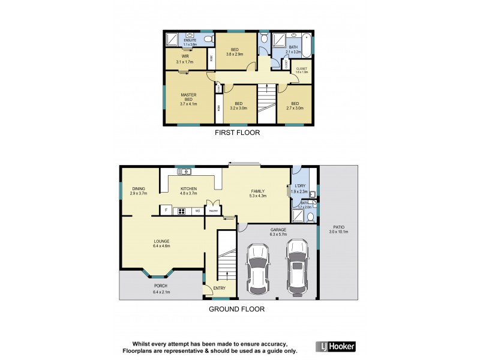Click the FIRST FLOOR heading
238,133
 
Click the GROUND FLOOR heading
236,309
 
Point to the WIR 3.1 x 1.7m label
185,59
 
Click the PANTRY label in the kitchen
213,211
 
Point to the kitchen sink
184,172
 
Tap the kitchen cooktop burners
180,211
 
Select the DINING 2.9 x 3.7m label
139,191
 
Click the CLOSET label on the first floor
301,70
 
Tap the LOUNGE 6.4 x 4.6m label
161,243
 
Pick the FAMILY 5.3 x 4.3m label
258,191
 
